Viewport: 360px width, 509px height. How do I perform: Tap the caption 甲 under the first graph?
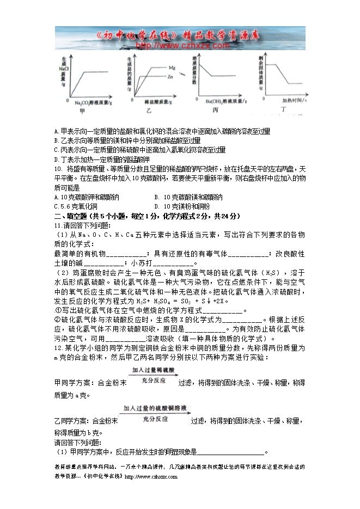click(82, 112)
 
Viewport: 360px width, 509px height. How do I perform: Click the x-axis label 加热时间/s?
click(294, 101)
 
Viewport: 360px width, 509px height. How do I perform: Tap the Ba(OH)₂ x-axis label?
click(222, 101)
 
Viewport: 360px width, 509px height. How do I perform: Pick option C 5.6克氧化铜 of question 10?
click(76, 207)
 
